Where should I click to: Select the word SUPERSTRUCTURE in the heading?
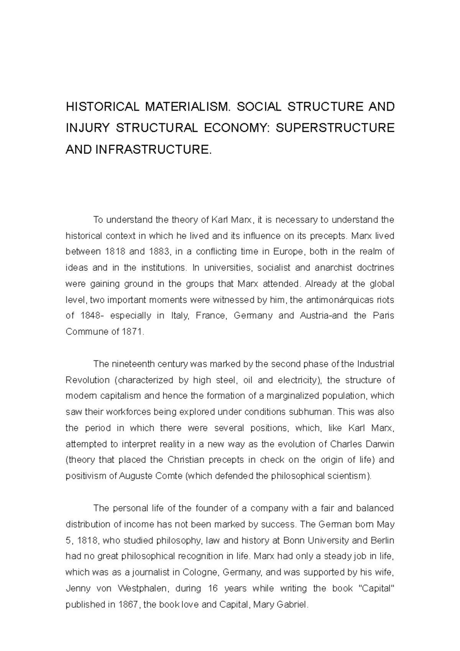click(335, 128)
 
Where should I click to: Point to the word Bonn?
click(292, 541)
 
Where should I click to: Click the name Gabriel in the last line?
click(294, 605)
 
